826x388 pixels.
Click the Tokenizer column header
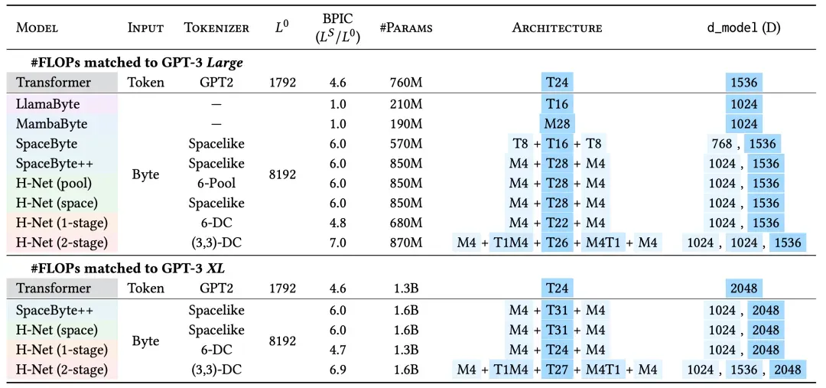coord(216,28)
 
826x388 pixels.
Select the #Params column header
coord(406,28)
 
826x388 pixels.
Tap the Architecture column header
coord(557,28)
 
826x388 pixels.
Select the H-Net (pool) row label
coord(56,183)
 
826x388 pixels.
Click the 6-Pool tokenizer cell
coord(216,183)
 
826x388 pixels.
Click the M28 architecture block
coord(557,123)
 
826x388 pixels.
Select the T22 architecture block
coord(557,223)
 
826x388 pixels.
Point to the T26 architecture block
coord(557,243)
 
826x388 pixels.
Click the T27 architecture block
coord(557,370)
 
